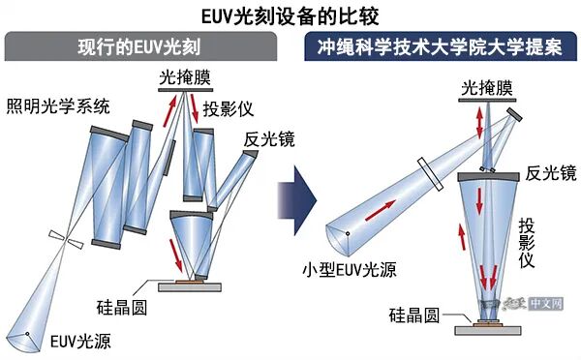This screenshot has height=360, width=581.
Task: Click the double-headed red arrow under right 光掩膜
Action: (x=481, y=124)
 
